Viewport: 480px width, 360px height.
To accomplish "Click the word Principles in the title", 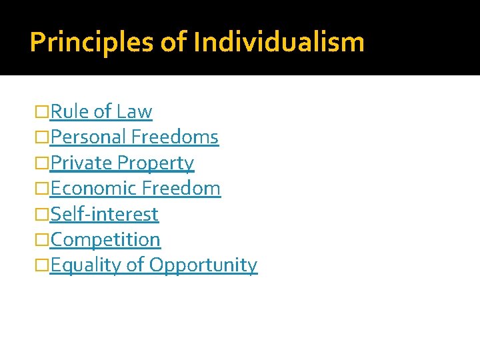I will click(x=92, y=43).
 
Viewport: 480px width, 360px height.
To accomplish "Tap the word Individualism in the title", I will click(x=279, y=43).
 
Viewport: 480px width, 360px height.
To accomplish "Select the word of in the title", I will click(x=175, y=43).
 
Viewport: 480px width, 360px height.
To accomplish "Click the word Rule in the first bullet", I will click(x=70, y=111).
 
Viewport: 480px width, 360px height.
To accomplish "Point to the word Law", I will click(x=134, y=111).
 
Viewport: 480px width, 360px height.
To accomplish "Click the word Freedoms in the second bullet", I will click(x=175, y=137).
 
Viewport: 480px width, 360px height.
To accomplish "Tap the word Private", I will click(x=81, y=163).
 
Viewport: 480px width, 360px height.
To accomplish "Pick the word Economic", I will click(x=93, y=189).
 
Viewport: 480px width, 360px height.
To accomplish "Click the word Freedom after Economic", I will click(x=181, y=189).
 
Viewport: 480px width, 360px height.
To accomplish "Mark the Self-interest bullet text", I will click(x=105, y=215).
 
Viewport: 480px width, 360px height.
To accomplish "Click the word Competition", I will click(x=105, y=240).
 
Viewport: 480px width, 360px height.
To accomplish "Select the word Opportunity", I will click(x=203, y=265).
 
